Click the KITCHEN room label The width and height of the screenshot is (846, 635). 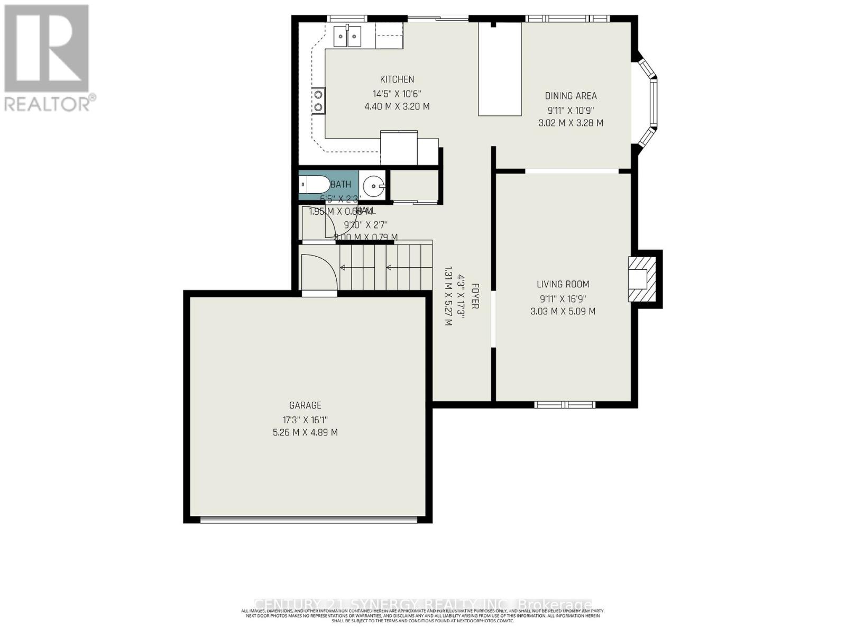click(x=397, y=79)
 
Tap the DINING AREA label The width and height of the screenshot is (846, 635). click(x=571, y=96)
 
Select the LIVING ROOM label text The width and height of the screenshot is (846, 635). click(x=563, y=284)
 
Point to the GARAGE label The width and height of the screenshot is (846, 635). click(x=305, y=405)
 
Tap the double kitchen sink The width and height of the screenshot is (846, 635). click(x=347, y=36)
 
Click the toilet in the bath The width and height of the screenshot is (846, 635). click(x=311, y=185)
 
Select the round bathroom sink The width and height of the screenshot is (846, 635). click(x=374, y=186)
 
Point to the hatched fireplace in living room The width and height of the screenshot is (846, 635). click(x=641, y=279)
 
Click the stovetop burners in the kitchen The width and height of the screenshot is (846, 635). click(x=318, y=101)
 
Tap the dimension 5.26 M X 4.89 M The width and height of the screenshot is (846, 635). click(x=305, y=432)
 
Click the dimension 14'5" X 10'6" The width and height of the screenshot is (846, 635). click(x=397, y=94)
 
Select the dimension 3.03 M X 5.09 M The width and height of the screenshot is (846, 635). click(x=563, y=312)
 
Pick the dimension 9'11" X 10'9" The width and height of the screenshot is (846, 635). click(x=571, y=110)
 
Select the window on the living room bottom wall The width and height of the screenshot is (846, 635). click(x=565, y=405)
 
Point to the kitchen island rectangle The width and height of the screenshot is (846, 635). click(x=500, y=69)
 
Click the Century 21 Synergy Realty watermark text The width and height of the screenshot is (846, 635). click(x=423, y=604)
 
